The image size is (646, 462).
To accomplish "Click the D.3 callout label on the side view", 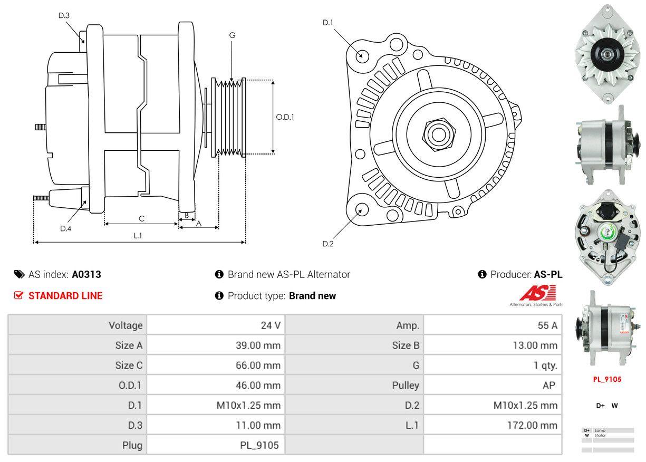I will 64,15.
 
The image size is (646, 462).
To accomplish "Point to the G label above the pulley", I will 232,35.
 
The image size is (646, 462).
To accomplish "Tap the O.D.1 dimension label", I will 285,117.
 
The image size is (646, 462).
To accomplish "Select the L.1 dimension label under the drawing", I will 138,236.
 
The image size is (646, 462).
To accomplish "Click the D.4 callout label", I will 65,228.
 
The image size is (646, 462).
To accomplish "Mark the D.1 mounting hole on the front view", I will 362,55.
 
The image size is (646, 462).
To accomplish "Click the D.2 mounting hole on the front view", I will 361,209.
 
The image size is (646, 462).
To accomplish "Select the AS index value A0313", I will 86,274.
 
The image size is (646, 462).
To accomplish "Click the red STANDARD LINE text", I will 65,296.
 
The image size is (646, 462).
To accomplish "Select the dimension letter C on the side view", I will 141,218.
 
